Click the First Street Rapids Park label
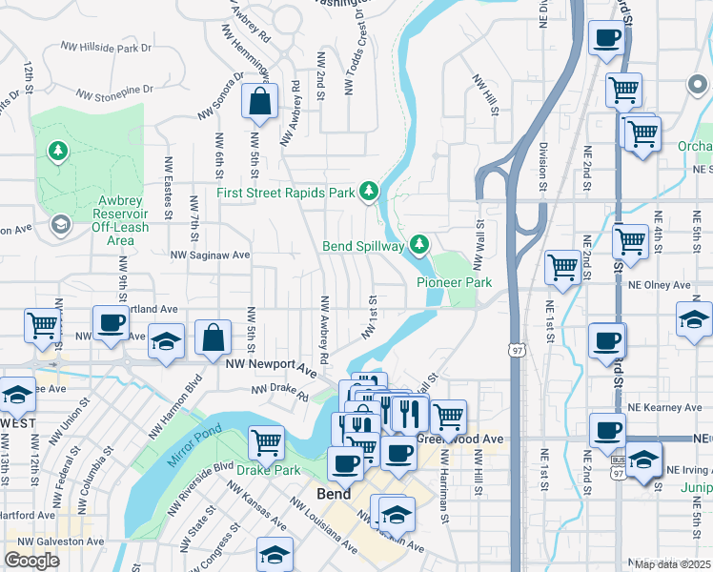285,193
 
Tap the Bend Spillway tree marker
418,245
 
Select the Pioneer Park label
454,282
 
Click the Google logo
31,560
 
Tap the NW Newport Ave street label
270,365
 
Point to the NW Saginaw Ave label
210,255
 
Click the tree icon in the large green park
59,151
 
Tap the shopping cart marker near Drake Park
266,441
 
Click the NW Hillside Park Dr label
106,47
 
